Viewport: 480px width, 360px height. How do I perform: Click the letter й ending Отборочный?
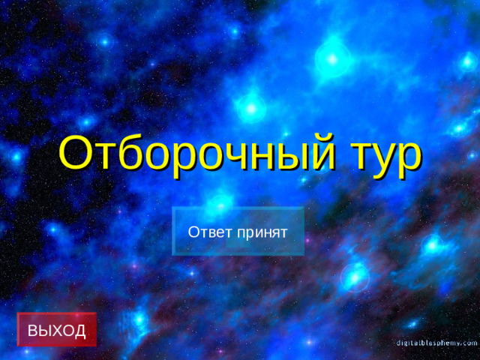320,154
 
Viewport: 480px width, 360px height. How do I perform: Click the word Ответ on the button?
210,232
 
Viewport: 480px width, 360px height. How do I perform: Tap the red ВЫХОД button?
57,329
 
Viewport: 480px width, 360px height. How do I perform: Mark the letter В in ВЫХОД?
33,330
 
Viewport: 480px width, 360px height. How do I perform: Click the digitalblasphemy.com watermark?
437,342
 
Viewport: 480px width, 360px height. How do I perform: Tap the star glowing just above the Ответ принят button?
220,200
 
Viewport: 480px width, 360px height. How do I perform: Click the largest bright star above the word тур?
331,56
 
